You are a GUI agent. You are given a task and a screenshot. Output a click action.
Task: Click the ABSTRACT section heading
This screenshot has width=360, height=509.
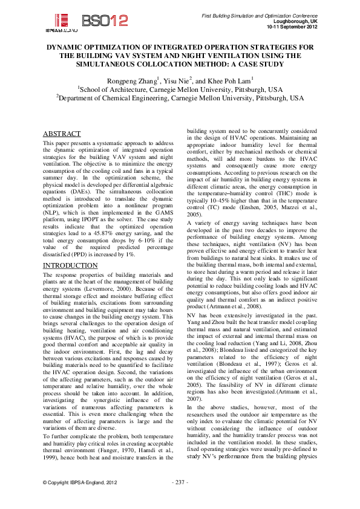click(62, 134)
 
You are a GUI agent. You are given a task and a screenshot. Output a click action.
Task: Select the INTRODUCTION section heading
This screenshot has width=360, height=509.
click(70, 265)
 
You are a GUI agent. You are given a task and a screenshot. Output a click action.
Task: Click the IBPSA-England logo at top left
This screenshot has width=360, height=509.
click(61, 21)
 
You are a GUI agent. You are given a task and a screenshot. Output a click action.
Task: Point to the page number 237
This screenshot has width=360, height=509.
click(180, 499)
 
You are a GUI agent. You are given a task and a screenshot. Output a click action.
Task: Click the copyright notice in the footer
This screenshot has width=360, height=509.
click(79, 499)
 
